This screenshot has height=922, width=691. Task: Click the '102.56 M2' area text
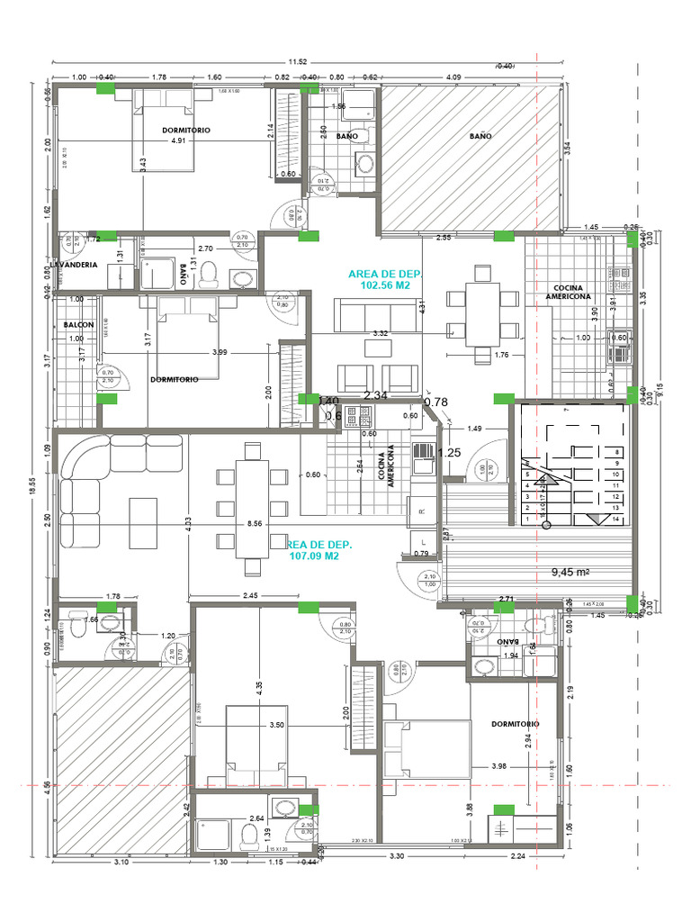[x=385, y=285]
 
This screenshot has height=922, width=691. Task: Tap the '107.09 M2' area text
[x=313, y=556]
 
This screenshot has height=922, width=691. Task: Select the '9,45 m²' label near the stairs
[x=570, y=571]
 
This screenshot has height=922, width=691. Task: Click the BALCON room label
[x=78, y=325]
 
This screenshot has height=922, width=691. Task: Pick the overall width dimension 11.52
[x=297, y=61]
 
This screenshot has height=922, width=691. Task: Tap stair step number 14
[x=616, y=520]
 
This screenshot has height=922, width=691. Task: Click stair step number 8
[x=616, y=452]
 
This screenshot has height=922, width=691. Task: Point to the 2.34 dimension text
[x=375, y=395]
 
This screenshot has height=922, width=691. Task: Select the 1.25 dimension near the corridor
[x=449, y=452]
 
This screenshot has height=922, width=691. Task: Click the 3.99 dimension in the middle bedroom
[x=213, y=351]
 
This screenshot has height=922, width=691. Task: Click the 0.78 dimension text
[x=435, y=402]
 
